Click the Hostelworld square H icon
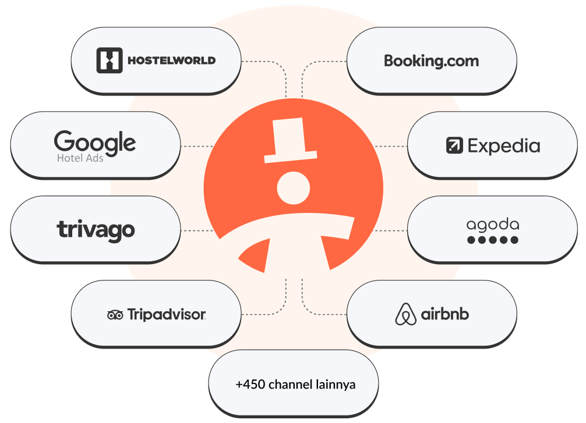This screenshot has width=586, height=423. [x=109, y=60]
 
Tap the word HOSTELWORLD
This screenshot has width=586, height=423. [x=171, y=60]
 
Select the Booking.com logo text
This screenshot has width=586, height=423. [x=431, y=61]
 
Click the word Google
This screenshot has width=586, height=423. [x=95, y=141]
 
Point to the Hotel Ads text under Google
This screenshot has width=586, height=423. [x=80, y=158]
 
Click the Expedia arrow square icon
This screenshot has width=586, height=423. [x=454, y=145]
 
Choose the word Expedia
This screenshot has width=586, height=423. [x=504, y=145]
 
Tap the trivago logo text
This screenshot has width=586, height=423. [x=96, y=229]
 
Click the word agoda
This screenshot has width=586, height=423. [x=492, y=225]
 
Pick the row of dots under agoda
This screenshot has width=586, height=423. [x=492, y=240]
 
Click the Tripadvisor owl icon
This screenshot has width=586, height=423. [x=115, y=315]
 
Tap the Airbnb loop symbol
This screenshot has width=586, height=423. [x=406, y=314]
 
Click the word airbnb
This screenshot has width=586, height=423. [x=445, y=314]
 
